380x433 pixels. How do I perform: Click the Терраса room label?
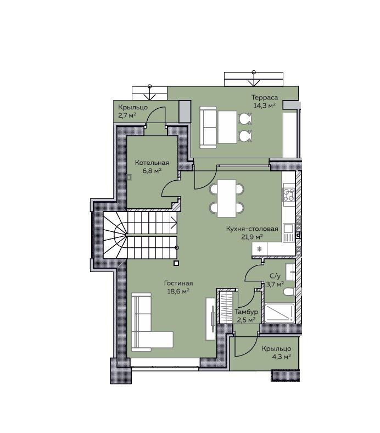coord(264,97)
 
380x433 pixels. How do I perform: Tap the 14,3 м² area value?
coord(264,106)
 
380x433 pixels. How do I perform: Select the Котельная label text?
coord(152,163)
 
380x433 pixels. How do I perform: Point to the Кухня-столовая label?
coord(252,229)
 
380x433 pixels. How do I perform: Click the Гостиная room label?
coord(178,284)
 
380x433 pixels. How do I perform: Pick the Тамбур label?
coord(246,312)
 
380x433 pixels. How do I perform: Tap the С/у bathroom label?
coord(275,276)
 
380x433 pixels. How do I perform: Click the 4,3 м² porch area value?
coord(280,357)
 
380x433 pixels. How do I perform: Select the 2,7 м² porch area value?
coord(127,115)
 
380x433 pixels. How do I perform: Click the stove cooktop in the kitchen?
coord(288,194)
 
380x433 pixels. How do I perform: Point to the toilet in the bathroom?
coord(289,292)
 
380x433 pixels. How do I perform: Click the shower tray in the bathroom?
coord(280,313)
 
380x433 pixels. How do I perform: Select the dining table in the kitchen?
coord(227,198)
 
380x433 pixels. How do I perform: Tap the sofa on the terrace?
coord(208,127)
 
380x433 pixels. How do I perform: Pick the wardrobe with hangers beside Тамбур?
coord(225,307)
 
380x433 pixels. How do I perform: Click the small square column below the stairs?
coord(176,263)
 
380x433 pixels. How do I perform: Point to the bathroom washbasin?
coord(290,272)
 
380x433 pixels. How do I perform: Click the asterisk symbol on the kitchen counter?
coord(259,249)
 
